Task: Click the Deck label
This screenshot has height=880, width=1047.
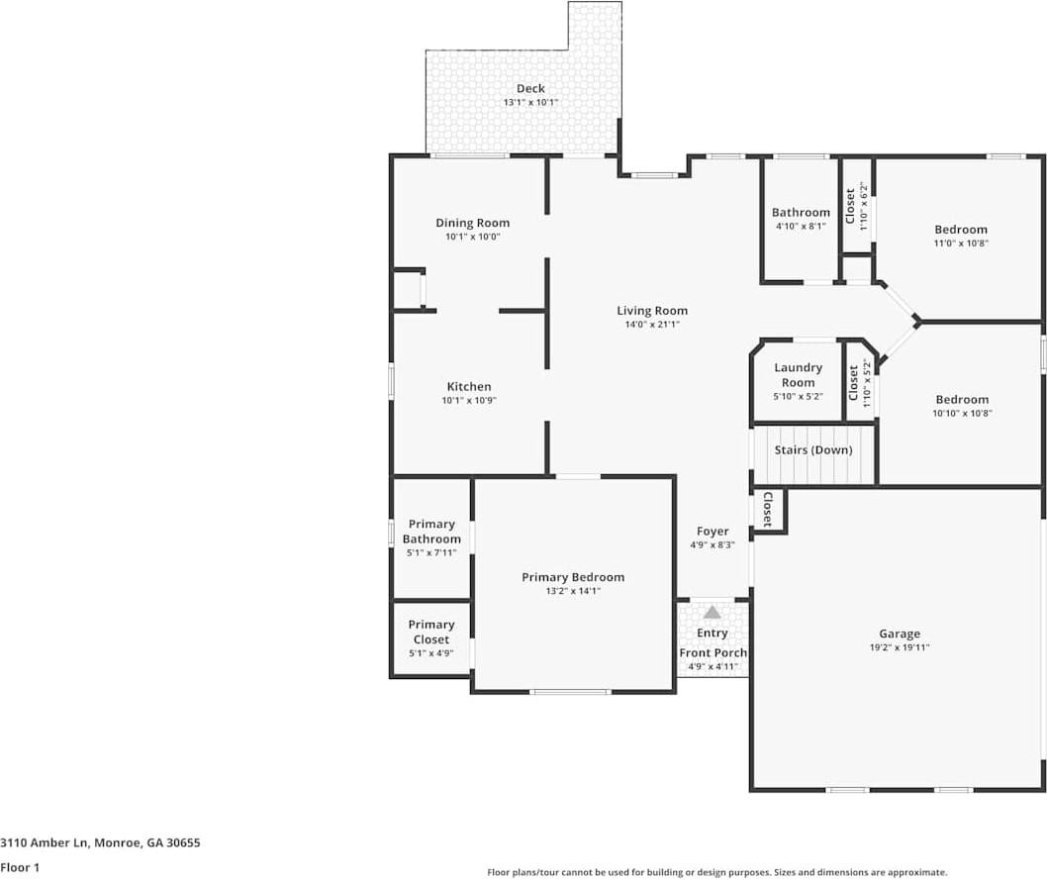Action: [x=530, y=89]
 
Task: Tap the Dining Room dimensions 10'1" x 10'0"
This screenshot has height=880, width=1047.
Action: [x=472, y=237]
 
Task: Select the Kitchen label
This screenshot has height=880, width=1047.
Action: [x=468, y=387]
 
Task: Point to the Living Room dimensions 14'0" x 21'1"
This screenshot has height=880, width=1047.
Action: [x=652, y=325]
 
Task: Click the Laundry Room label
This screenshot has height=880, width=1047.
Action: [x=798, y=375]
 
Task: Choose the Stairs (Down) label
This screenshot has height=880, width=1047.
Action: [x=813, y=450]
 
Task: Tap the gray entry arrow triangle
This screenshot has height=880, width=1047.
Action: [x=713, y=613]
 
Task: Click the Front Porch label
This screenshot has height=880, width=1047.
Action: [x=713, y=653]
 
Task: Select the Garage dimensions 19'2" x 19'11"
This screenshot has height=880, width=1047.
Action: [x=900, y=648]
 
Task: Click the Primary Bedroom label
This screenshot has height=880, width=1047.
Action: [x=573, y=577]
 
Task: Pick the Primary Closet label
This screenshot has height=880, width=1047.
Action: [x=431, y=632]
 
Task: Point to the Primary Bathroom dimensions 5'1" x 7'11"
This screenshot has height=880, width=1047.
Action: [x=431, y=553]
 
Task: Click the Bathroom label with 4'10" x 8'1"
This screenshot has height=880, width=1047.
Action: [x=801, y=213]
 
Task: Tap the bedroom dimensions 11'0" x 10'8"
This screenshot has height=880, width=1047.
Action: [x=961, y=244]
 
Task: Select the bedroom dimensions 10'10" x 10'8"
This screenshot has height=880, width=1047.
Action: [x=961, y=414]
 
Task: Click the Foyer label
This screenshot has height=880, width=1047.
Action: [x=713, y=532]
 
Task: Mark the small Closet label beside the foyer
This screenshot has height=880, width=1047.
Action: [x=768, y=510]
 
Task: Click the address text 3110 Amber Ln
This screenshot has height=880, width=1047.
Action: [x=46, y=843]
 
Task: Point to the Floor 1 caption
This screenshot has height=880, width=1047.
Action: [x=20, y=866]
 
